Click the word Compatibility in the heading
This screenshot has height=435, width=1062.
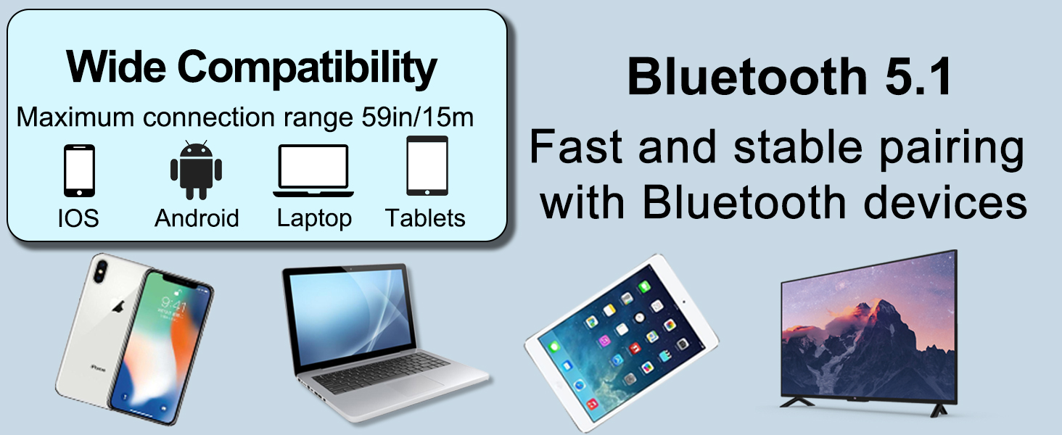pyautogui.click(x=308, y=68)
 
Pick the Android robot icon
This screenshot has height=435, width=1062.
pyautogui.click(x=196, y=170)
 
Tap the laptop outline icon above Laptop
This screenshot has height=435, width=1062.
pyautogui.click(x=313, y=171)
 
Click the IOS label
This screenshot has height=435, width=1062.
pyautogui.click(x=78, y=217)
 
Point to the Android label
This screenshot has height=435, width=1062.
pyautogui.click(x=197, y=217)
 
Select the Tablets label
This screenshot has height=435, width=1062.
pyautogui.click(x=425, y=217)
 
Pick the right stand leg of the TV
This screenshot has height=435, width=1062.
pyautogui.click(x=937, y=410)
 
